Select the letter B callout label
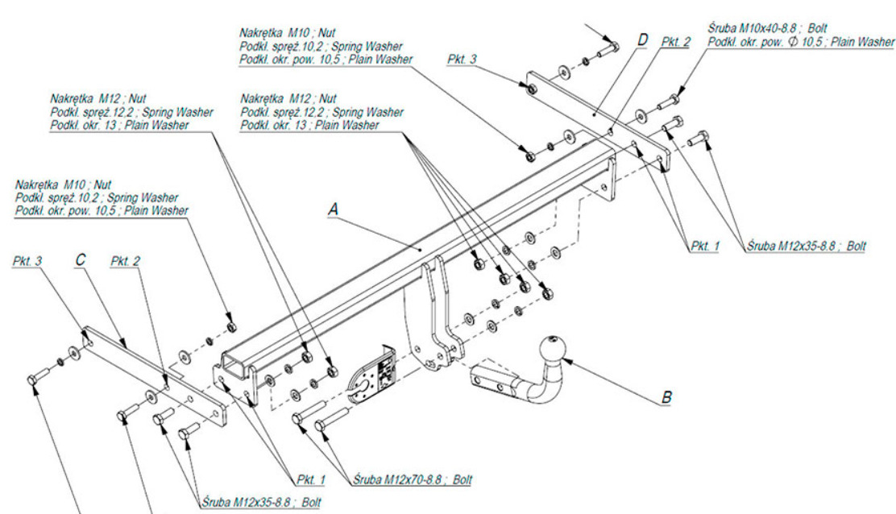coord(666,396)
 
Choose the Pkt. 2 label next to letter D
coord(674,42)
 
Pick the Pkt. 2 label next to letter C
coord(125,263)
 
